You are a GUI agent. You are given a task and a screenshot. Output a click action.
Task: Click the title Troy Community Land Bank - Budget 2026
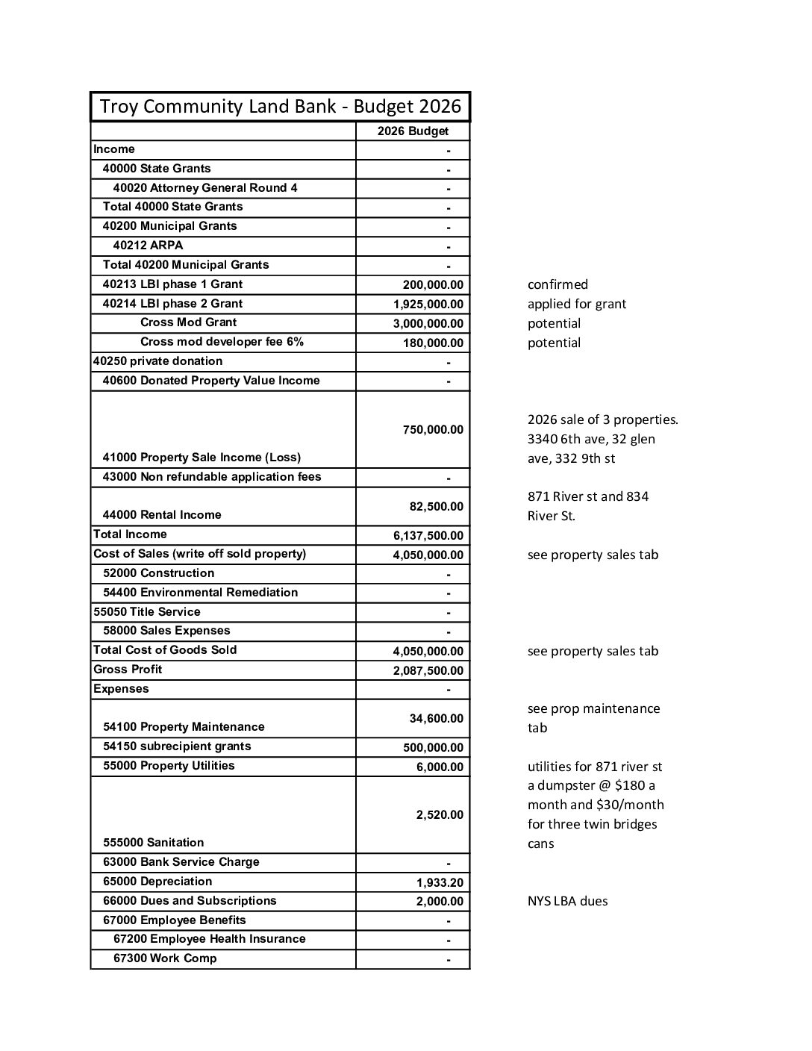(x=281, y=107)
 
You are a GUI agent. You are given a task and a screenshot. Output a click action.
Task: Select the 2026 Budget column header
(x=413, y=131)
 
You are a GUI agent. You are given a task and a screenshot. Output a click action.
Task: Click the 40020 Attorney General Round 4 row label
(x=205, y=188)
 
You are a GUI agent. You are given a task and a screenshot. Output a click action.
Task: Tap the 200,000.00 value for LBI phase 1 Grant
(x=433, y=285)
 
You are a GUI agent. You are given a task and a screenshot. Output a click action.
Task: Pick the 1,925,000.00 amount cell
(x=428, y=305)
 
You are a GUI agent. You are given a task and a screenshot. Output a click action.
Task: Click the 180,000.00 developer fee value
(x=433, y=343)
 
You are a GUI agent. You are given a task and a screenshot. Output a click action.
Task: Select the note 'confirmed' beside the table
(x=558, y=284)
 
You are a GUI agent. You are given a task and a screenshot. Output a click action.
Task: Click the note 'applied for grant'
(x=576, y=304)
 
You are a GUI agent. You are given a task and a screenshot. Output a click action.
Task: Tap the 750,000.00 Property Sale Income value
(x=433, y=430)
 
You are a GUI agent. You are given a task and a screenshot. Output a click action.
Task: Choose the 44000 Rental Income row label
(x=162, y=515)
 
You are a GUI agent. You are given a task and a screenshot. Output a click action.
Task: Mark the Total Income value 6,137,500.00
(x=428, y=536)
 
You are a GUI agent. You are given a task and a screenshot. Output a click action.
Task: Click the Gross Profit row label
(x=128, y=670)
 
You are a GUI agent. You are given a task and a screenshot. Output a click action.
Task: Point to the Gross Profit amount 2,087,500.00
(x=428, y=671)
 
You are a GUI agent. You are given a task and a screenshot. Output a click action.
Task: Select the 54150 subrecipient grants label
(x=177, y=746)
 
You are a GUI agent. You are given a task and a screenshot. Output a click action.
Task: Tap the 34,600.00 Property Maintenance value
(x=436, y=719)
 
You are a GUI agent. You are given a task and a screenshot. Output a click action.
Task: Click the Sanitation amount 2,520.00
(x=440, y=815)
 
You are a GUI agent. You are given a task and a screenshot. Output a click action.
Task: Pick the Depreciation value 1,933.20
(x=440, y=883)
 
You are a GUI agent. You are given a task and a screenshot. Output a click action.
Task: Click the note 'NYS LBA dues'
(x=567, y=901)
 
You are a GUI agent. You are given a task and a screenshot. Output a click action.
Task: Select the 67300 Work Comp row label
(x=165, y=958)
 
